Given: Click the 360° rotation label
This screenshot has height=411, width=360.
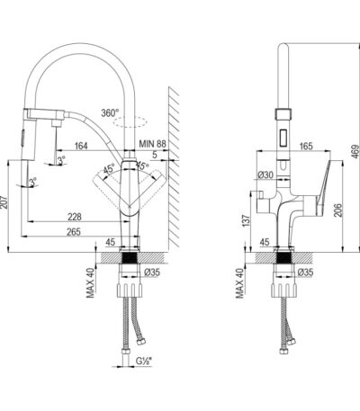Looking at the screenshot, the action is (110, 113).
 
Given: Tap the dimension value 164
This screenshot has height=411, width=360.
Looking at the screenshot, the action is (81, 146).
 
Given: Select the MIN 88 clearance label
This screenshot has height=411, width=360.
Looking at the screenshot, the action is (152, 144).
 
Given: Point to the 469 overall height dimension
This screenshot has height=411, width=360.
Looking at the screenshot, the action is (355, 152).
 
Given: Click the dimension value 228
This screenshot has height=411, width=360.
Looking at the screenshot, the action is (75, 217).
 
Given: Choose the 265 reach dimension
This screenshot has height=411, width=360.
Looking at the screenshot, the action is (74, 232).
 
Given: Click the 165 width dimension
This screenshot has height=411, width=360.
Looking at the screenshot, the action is (306, 146).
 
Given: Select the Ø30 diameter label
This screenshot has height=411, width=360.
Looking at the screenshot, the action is (265, 174).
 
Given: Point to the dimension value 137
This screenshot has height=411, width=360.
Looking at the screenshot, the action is (246, 221).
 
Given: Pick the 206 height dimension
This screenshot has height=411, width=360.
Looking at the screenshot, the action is (337, 210).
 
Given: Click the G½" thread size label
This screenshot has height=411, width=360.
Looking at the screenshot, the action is (144, 361).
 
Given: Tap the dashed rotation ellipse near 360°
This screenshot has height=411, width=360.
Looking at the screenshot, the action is (130, 122).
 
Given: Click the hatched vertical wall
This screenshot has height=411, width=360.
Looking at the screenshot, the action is (174, 168).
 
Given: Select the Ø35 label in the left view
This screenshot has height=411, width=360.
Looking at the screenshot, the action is (152, 273).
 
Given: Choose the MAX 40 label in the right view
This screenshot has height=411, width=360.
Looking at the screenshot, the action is (240, 283).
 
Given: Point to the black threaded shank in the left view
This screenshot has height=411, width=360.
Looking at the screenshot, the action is (130, 258).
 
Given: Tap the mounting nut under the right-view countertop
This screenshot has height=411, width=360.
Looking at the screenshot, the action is (284, 290).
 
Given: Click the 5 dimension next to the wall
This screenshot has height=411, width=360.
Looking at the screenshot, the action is (155, 155).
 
